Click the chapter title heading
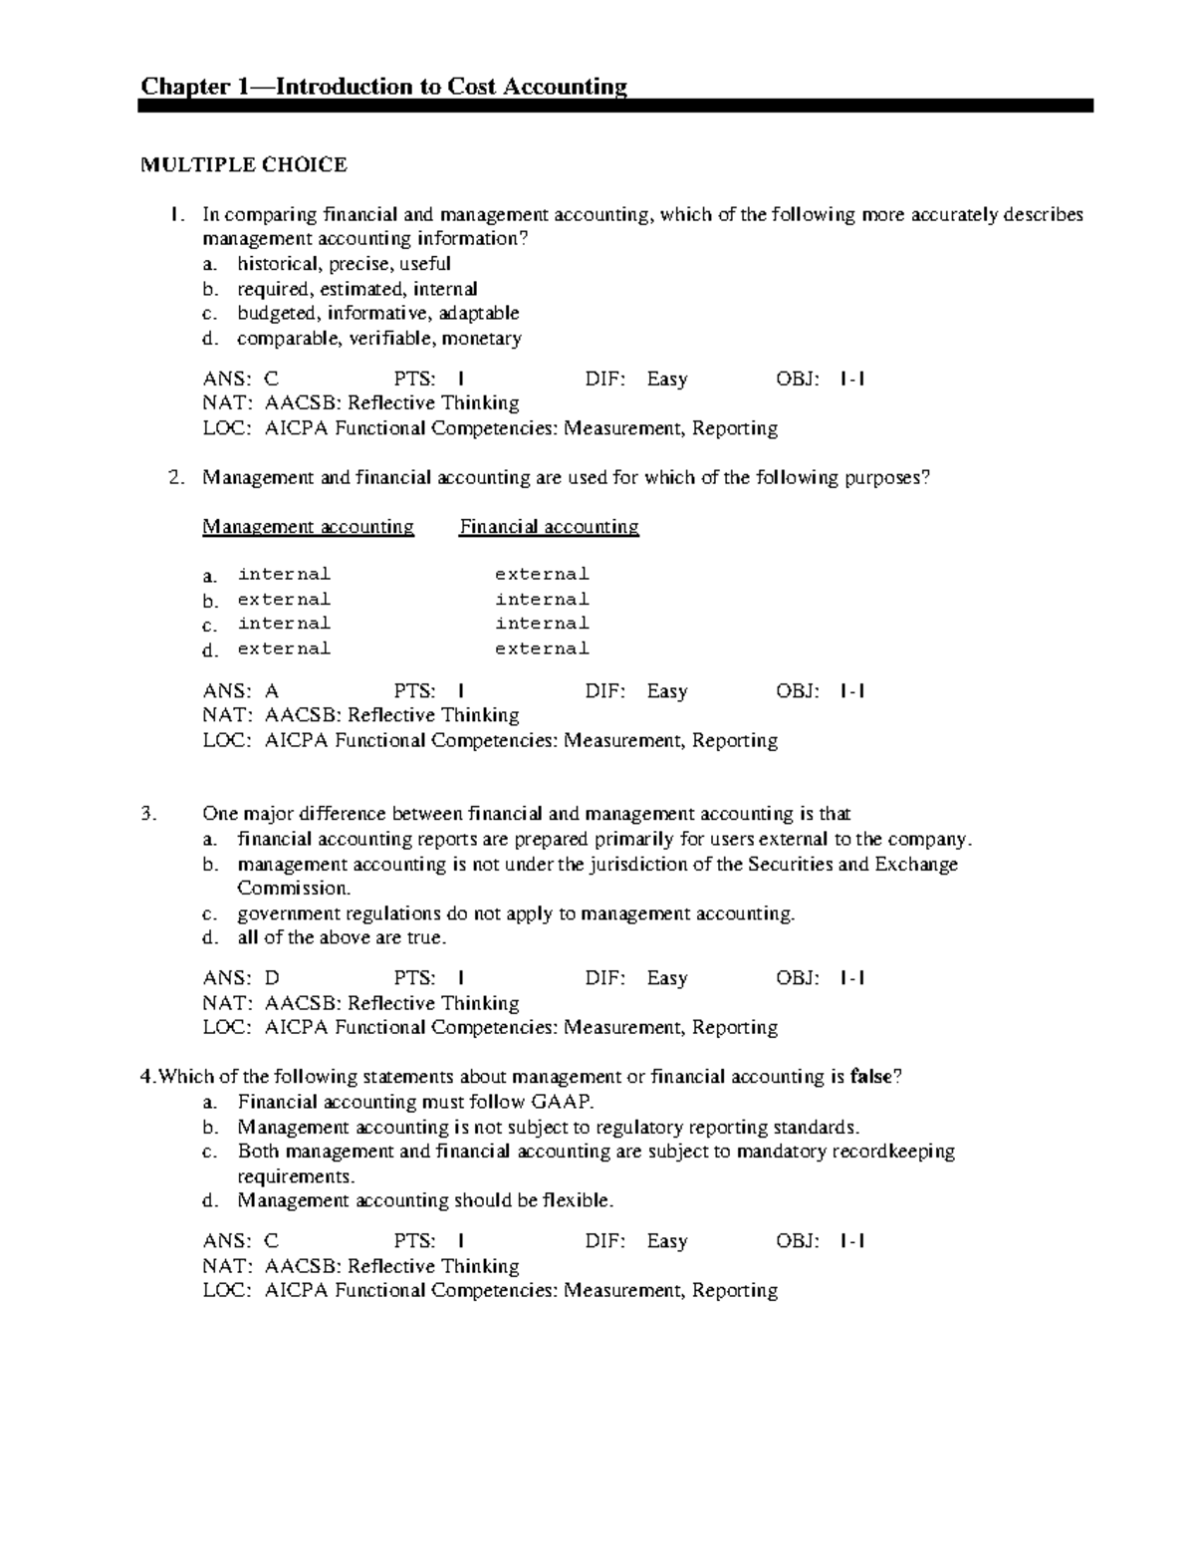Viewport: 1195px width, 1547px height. click(383, 87)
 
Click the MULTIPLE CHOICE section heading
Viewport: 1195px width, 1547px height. click(244, 165)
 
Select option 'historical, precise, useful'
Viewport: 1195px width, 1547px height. click(343, 264)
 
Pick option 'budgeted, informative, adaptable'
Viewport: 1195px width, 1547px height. click(377, 313)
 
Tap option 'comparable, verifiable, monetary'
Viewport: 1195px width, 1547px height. click(378, 338)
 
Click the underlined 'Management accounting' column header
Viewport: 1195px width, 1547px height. click(308, 526)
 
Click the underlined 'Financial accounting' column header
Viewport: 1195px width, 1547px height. click(549, 526)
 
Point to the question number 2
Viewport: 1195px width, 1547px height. click(175, 477)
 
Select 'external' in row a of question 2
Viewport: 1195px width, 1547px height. click(542, 574)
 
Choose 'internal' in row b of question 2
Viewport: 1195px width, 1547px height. click(542, 599)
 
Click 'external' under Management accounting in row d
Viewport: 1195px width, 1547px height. click(284, 648)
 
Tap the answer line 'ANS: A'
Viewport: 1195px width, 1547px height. click(241, 690)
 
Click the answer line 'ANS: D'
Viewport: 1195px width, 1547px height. click(241, 978)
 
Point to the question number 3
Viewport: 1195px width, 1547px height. click(148, 814)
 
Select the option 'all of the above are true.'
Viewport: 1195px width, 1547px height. click(342, 937)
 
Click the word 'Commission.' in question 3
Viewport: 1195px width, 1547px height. click(294, 888)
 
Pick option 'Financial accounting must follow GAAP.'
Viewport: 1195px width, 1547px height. click(415, 1102)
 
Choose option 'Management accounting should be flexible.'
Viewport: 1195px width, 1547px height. click(425, 1200)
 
